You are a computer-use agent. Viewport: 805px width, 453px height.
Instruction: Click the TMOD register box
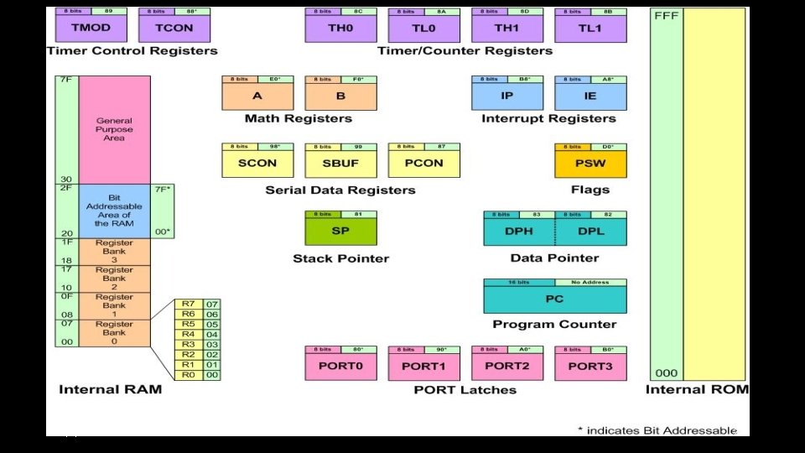(91, 28)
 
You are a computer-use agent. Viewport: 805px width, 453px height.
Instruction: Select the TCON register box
(174, 28)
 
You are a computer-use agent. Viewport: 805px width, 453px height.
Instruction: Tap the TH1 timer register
(507, 28)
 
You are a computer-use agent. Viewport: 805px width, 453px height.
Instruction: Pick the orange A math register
(257, 96)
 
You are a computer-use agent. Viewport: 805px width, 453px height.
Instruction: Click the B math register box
(340, 96)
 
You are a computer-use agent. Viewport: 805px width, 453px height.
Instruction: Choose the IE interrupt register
(589, 96)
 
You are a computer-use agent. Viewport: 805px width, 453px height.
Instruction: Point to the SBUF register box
(340, 163)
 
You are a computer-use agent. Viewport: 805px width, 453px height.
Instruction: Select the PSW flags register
(589, 163)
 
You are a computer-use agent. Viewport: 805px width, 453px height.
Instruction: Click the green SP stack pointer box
(340, 231)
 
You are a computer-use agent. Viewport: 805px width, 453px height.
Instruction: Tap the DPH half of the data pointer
(519, 231)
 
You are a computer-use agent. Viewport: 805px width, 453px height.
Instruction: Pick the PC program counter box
(554, 299)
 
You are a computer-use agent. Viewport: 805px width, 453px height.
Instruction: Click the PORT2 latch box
(507, 366)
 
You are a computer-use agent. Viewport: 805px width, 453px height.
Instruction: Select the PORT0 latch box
(340, 366)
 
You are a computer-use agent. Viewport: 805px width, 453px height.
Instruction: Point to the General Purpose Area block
(115, 130)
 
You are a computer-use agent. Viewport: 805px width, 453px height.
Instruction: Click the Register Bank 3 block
(115, 251)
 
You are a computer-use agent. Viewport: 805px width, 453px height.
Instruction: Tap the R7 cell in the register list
(189, 304)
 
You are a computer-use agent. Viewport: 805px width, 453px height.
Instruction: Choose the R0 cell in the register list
(189, 375)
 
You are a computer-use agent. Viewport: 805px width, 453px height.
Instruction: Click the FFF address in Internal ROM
(666, 15)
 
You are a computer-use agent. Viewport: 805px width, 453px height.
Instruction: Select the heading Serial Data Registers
(340, 190)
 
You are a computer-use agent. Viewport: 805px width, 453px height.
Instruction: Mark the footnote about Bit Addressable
(657, 430)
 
